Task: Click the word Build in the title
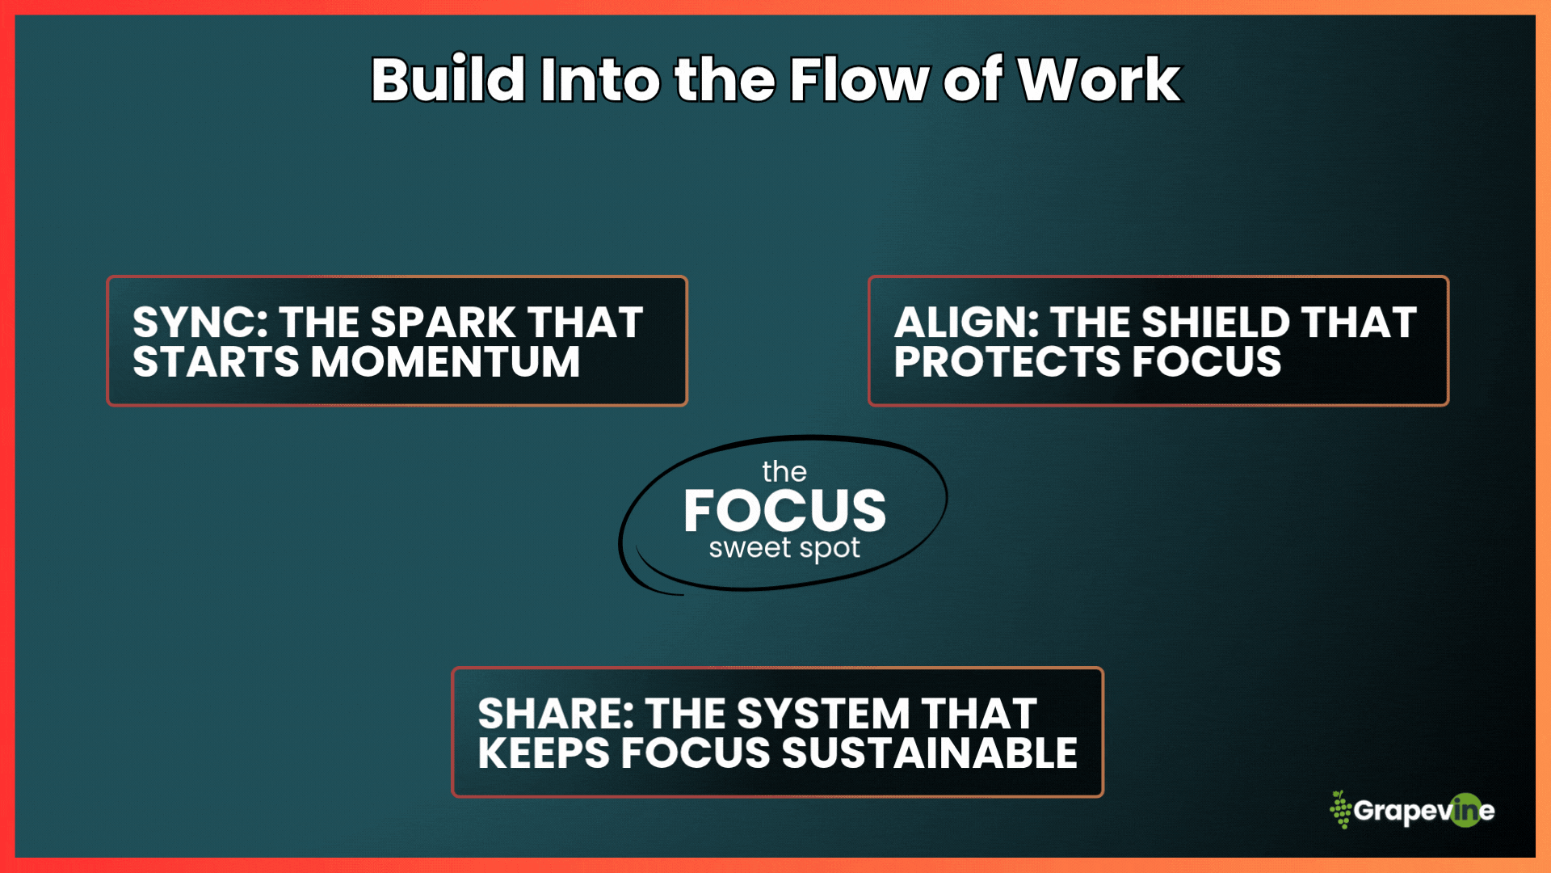tap(448, 80)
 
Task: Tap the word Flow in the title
tap(859, 80)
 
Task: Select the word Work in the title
tap(1099, 80)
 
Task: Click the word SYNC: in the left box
tap(200, 323)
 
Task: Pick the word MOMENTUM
tap(446, 361)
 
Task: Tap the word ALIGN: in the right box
tap(966, 323)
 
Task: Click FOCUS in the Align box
tap(1207, 361)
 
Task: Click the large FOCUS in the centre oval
tap(784, 511)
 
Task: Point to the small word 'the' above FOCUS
tap(784, 472)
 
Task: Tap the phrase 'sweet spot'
tap(784, 549)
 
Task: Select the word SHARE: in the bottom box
tap(556, 714)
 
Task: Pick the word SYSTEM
tap(824, 714)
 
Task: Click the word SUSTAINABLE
tap(929, 753)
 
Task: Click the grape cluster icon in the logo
tap(1340, 810)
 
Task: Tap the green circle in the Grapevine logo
tap(1465, 811)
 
